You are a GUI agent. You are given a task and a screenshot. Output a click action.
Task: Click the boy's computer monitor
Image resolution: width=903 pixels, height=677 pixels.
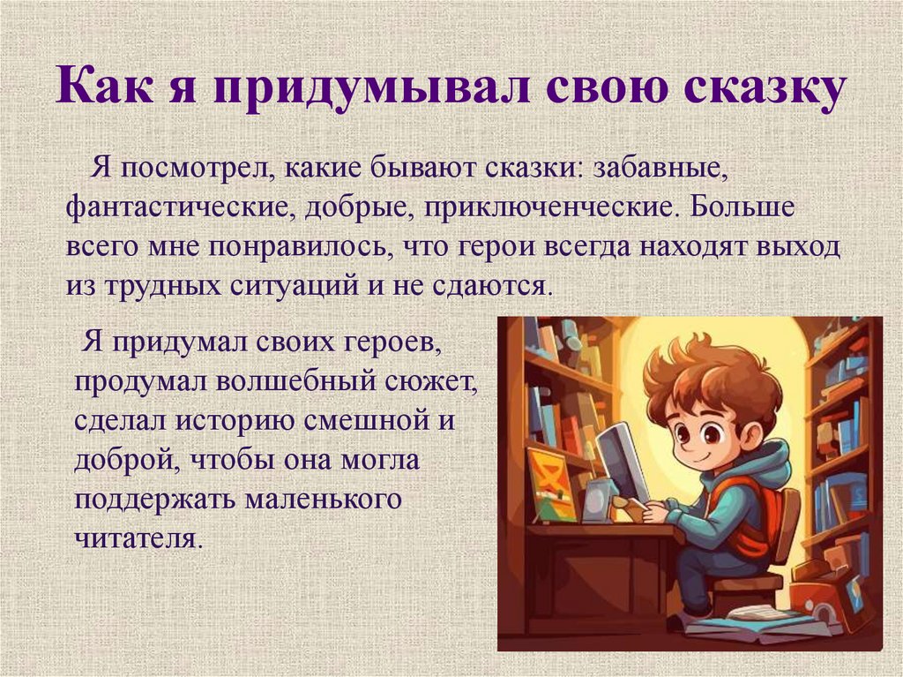(621, 459)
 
